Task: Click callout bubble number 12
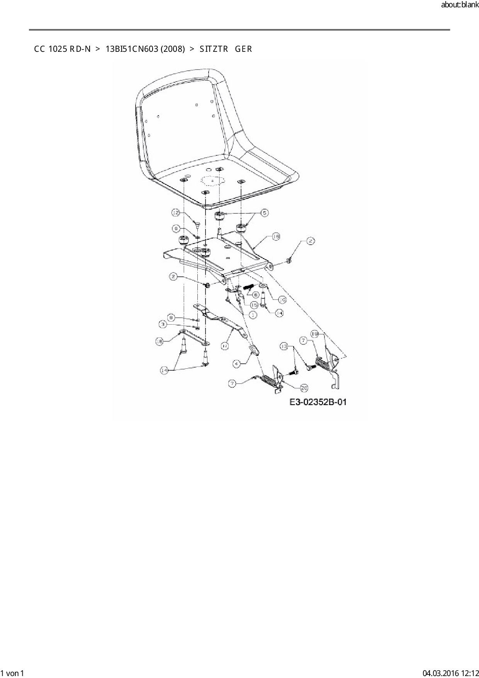pos(176,213)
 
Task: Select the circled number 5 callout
pos(264,213)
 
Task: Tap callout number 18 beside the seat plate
pos(275,237)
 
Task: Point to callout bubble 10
pos(282,299)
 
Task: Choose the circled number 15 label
pos(254,305)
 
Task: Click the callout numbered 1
pos(253,315)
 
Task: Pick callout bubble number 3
pos(164,324)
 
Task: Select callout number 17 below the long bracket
pos(225,346)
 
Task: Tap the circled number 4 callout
pos(237,363)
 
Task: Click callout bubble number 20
pos(304,388)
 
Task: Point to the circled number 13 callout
pos(284,346)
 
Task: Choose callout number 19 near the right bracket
pos(315,333)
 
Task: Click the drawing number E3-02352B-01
pos(318,402)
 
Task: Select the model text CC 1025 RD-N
pos(62,49)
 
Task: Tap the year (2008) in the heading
pos(173,49)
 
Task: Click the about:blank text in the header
pos(460,6)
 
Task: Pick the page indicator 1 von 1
pos(12,673)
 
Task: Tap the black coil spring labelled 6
pos(249,288)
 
